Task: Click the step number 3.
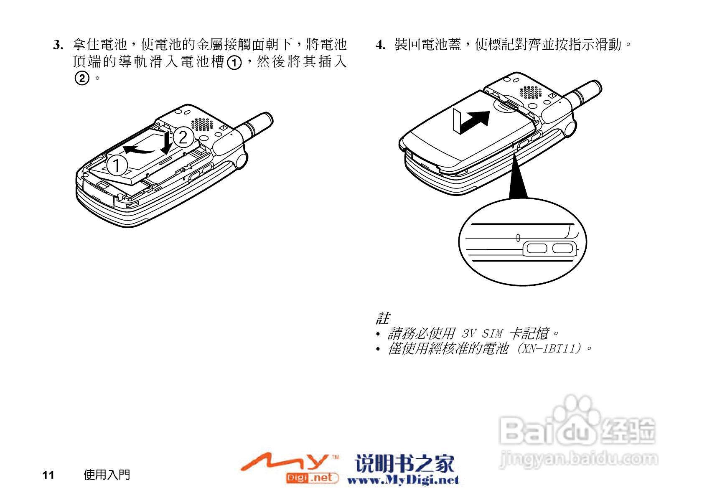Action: [58, 45]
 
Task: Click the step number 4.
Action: [380, 45]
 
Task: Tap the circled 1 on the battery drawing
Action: [117, 165]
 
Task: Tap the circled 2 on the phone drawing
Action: [183, 137]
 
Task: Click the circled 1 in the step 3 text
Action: [234, 62]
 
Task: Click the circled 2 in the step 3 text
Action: [82, 78]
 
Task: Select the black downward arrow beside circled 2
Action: [167, 142]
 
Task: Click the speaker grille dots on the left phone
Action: [202, 124]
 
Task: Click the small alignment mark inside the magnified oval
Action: [518, 238]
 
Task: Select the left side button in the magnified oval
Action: [537, 249]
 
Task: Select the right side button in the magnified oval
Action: [562, 249]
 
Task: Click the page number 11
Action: [48, 475]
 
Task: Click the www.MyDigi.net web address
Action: [403, 480]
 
